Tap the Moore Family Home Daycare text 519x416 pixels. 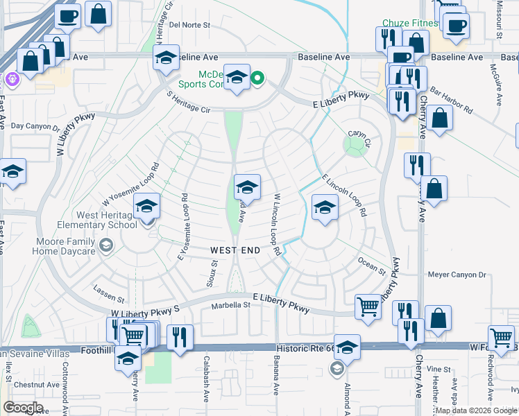coord(48,245)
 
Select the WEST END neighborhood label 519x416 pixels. coord(235,249)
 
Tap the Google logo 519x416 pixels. coord(24,407)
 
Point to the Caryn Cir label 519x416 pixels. coord(360,134)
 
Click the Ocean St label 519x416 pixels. coord(371,266)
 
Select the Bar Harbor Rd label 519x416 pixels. coord(450,100)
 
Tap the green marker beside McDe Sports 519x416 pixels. coord(257,78)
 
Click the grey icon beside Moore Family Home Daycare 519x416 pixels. coord(105,245)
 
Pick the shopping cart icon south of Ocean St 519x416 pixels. coord(368,306)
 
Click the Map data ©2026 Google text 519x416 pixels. coord(476,410)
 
